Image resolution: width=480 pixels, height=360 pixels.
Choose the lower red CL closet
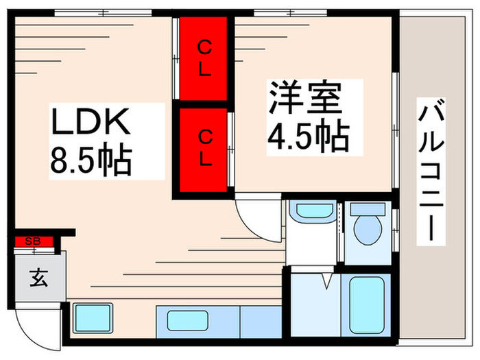pos(204,147)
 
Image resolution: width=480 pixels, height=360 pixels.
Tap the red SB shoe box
pos(32,241)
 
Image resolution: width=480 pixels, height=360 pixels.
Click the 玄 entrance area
pos(38,279)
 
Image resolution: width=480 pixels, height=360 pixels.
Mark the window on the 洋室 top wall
pos(280,12)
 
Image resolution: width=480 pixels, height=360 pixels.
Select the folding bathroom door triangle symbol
pos(326,279)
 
